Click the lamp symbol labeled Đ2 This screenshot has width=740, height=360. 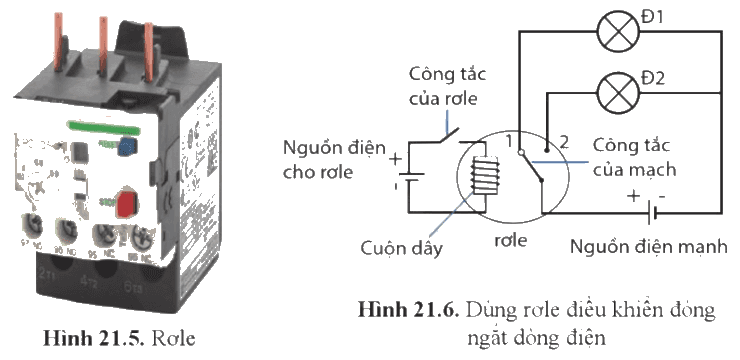point(618,92)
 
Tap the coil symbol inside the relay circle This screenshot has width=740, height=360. point(486,175)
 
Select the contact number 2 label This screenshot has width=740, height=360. point(564,142)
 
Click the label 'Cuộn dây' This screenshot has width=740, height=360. point(402,248)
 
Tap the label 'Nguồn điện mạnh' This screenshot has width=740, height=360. point(648,246)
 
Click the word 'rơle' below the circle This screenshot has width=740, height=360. point(510,240)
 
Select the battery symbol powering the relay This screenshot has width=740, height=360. point(409,177)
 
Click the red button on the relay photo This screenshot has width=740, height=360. point(126,204)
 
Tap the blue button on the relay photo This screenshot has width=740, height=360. point(126,145)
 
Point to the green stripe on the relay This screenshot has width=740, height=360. point(103,126)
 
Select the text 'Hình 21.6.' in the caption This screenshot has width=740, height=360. point(408,310)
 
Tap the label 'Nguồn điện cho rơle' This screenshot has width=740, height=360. point(334,159)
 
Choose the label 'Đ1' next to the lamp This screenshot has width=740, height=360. point(652,17)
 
